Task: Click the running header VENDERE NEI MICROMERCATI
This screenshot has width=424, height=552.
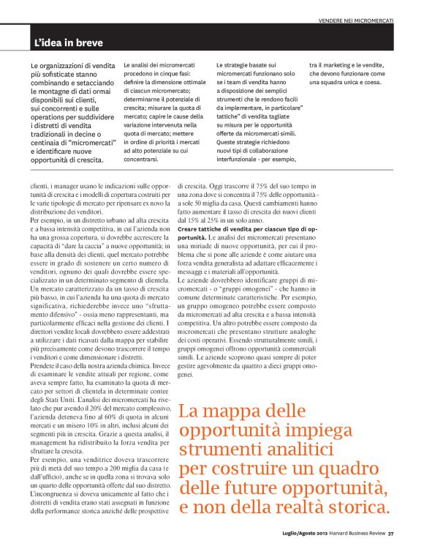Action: point(356,19)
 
